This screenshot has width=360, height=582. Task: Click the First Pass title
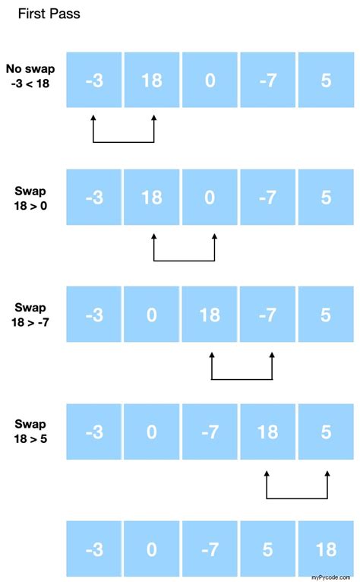coord(49,14)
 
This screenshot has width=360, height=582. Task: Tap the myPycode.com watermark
coord(330,577)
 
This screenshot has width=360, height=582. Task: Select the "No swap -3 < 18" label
coord(30,76)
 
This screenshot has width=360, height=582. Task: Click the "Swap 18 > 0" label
coord(30,198)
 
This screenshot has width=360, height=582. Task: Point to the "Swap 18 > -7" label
coord(30,315)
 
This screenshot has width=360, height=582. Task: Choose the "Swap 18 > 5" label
coord(30,432)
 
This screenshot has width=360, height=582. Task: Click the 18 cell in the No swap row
coord(152,80)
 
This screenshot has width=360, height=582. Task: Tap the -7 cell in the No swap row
coord(268,80)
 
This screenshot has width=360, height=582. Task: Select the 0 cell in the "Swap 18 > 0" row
coord(210,197)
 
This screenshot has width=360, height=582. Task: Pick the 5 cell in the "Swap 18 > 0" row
coord(326,197)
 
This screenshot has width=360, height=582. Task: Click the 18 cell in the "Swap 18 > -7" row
coord(210,315)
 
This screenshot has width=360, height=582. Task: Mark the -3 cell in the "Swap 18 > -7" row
coord(94,315)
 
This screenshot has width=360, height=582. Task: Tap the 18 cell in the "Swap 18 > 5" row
coord(268,432)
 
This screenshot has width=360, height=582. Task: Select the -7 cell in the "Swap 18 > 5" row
coord(210,432)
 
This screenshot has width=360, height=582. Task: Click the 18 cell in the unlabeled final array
coord(326,549)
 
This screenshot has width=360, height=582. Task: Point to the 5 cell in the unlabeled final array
coord(268,549)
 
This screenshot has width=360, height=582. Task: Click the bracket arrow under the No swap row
coord(124,142)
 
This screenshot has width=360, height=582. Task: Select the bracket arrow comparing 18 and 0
coord(184,261)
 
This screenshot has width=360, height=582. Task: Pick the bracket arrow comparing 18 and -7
coord(242,379)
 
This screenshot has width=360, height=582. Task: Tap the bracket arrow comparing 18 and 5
coord(297,498)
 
